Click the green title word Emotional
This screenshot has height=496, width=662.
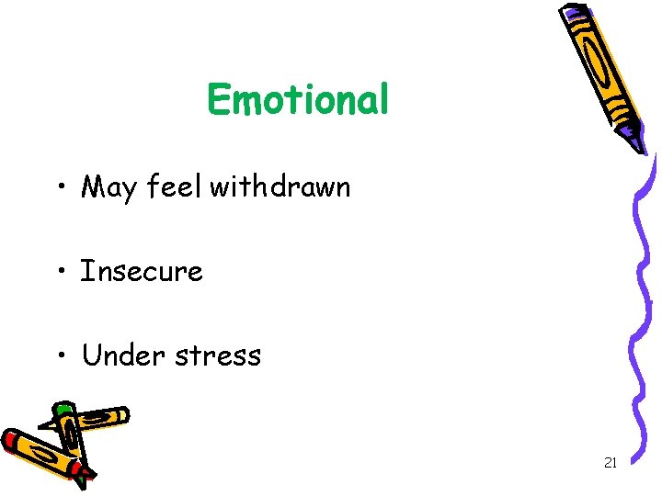pyautogui.click(x=298, y=99)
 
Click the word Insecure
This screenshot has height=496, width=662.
pyautogui.click(x=142, y=271)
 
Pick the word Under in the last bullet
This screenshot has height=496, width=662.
pyautogui.click(x=120, y=355)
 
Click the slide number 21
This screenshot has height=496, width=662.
pyautogui.click(x=610, y=463)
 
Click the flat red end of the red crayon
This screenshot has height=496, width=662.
pyautogui.click(x=11, y=440)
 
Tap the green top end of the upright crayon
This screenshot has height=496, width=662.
pyautogui.click(x=63, y=407)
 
